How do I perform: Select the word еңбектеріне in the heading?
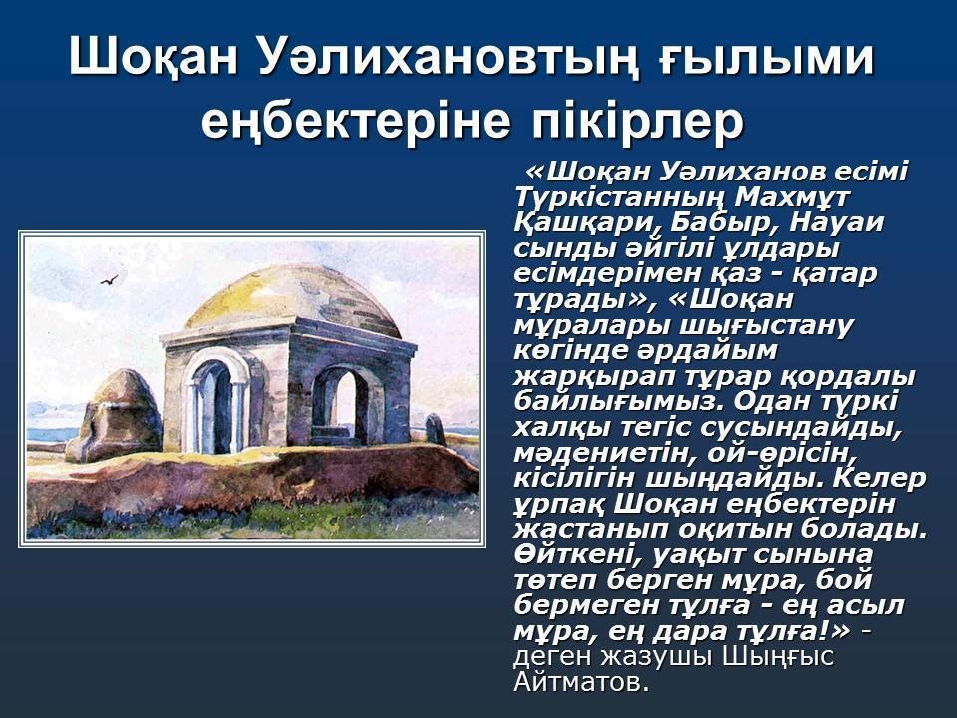pyautogui.click(x=355, y=121)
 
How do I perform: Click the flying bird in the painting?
pyautogui.click(x=109, y=279)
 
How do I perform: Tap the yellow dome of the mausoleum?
pyautogui.click(x=293, y=296)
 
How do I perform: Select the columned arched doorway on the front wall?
pyautogui.click(x=216, y=406)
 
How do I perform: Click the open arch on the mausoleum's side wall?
pyautogui.click(x=339, y=404)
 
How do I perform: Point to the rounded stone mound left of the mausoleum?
pyautogui.click(x=115, y=415)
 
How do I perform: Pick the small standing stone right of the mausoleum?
pyautogui.click(x=435, y=429)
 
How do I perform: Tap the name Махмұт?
pyautogui.click(x=793, y=197)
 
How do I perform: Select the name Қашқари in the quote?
pyautogui.click(x=586, y=224)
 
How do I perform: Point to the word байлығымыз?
pyautogui.click(x=618, y=402)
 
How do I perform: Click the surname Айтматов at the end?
pyautogui.click(x=580, y=682)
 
